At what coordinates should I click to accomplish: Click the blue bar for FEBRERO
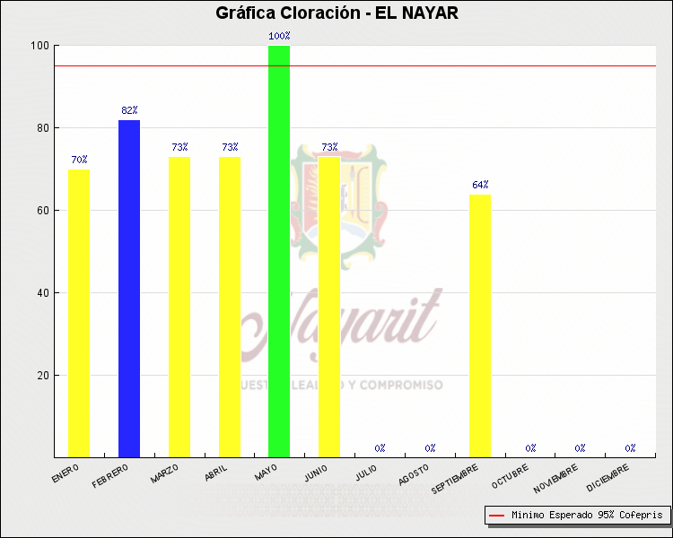pos(129,288)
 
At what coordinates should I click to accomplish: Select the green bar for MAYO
pos(279,251)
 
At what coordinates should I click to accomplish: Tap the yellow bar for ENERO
pos(79,313)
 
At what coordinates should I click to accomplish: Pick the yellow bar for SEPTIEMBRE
pos(480,325)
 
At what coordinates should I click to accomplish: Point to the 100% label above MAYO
pos(279,37)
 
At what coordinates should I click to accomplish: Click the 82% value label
pos(129,111)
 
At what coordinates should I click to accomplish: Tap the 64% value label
pos(480,186)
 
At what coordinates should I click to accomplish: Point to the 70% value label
pos(79,161)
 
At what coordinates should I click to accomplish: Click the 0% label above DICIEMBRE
pos(631,448)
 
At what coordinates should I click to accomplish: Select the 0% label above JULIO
pos(380,448)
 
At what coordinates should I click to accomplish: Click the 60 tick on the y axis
pos(41,211)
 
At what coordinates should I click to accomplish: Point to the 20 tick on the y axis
pos(41,376)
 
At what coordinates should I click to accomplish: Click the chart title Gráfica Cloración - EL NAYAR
pos(336,13)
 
